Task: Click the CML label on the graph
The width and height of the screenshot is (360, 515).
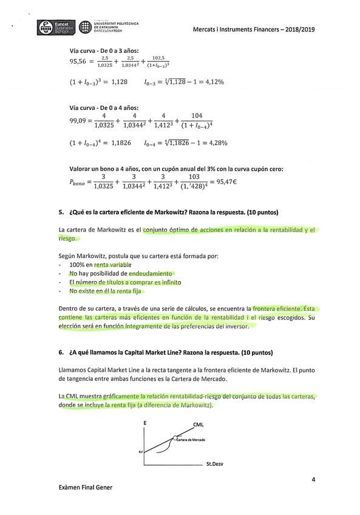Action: (x=198, y=425)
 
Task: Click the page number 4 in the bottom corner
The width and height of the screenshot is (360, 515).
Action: (x=313, y=480)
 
